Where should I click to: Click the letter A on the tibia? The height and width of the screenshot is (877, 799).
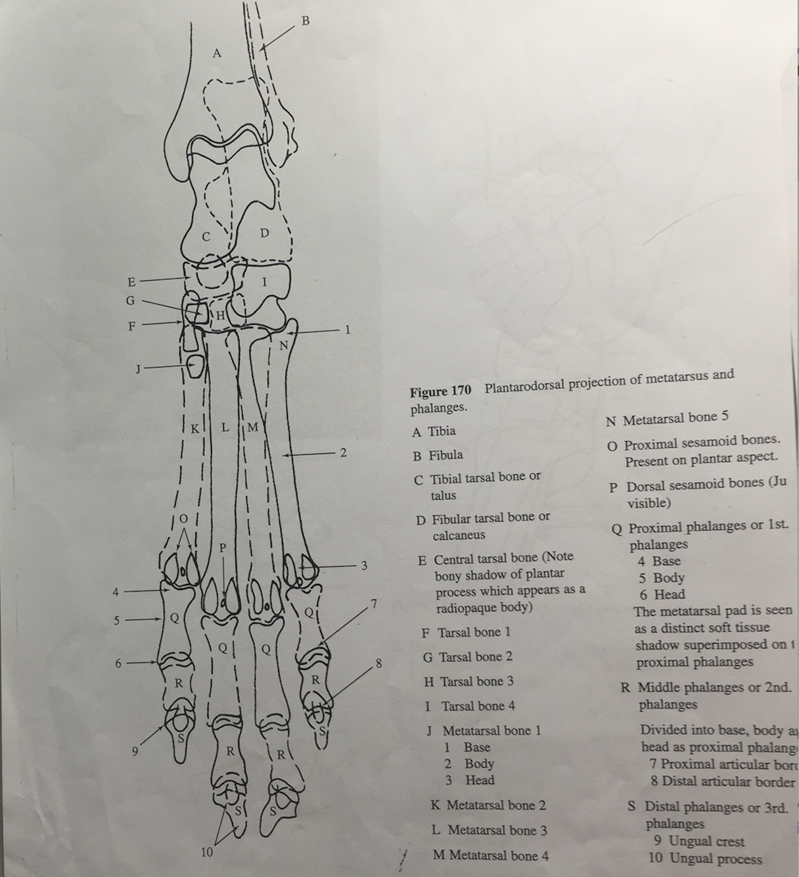click(217, 53)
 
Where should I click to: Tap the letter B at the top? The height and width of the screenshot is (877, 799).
click(305, 20)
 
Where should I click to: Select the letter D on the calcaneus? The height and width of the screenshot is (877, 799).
click(263, 233)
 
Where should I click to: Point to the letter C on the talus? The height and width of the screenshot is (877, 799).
click(206, 237)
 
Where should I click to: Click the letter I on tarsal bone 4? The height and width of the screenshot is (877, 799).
click(264, 282)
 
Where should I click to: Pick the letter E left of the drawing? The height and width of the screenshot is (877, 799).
click(131, 282)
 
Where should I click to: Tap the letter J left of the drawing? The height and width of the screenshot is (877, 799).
click(137, 369)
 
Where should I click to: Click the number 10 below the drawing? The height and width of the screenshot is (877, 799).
click(206, 852)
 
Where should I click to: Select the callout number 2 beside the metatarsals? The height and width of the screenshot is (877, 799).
click(342, 452)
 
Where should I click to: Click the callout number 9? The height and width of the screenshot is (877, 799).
click(135, 751)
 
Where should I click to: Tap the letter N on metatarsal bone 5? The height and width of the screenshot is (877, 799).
click(283, 345)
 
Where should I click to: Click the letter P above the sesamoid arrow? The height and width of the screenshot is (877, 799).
click(223, 547)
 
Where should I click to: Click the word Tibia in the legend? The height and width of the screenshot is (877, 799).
click(442, 431)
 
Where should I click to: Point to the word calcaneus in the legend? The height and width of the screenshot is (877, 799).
click(459, 535)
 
